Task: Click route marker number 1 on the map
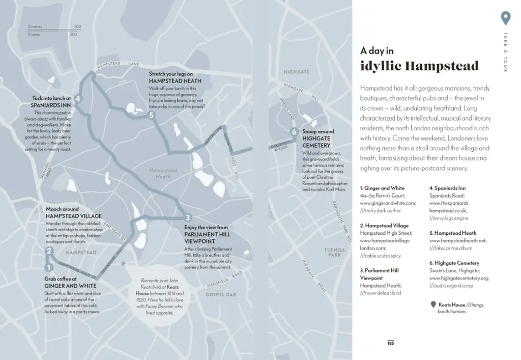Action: click(49, 267)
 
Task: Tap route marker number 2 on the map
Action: click(49, 250)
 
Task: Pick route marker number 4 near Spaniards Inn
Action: click(77, 99)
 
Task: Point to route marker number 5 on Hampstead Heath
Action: click(151, 116)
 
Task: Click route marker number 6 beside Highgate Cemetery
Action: click(294, 132)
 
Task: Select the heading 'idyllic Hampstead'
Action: click(419, 66)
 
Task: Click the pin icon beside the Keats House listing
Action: click(432, 304)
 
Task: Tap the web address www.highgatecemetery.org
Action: click(459, 278)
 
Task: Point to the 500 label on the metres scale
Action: click(77, 26)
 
